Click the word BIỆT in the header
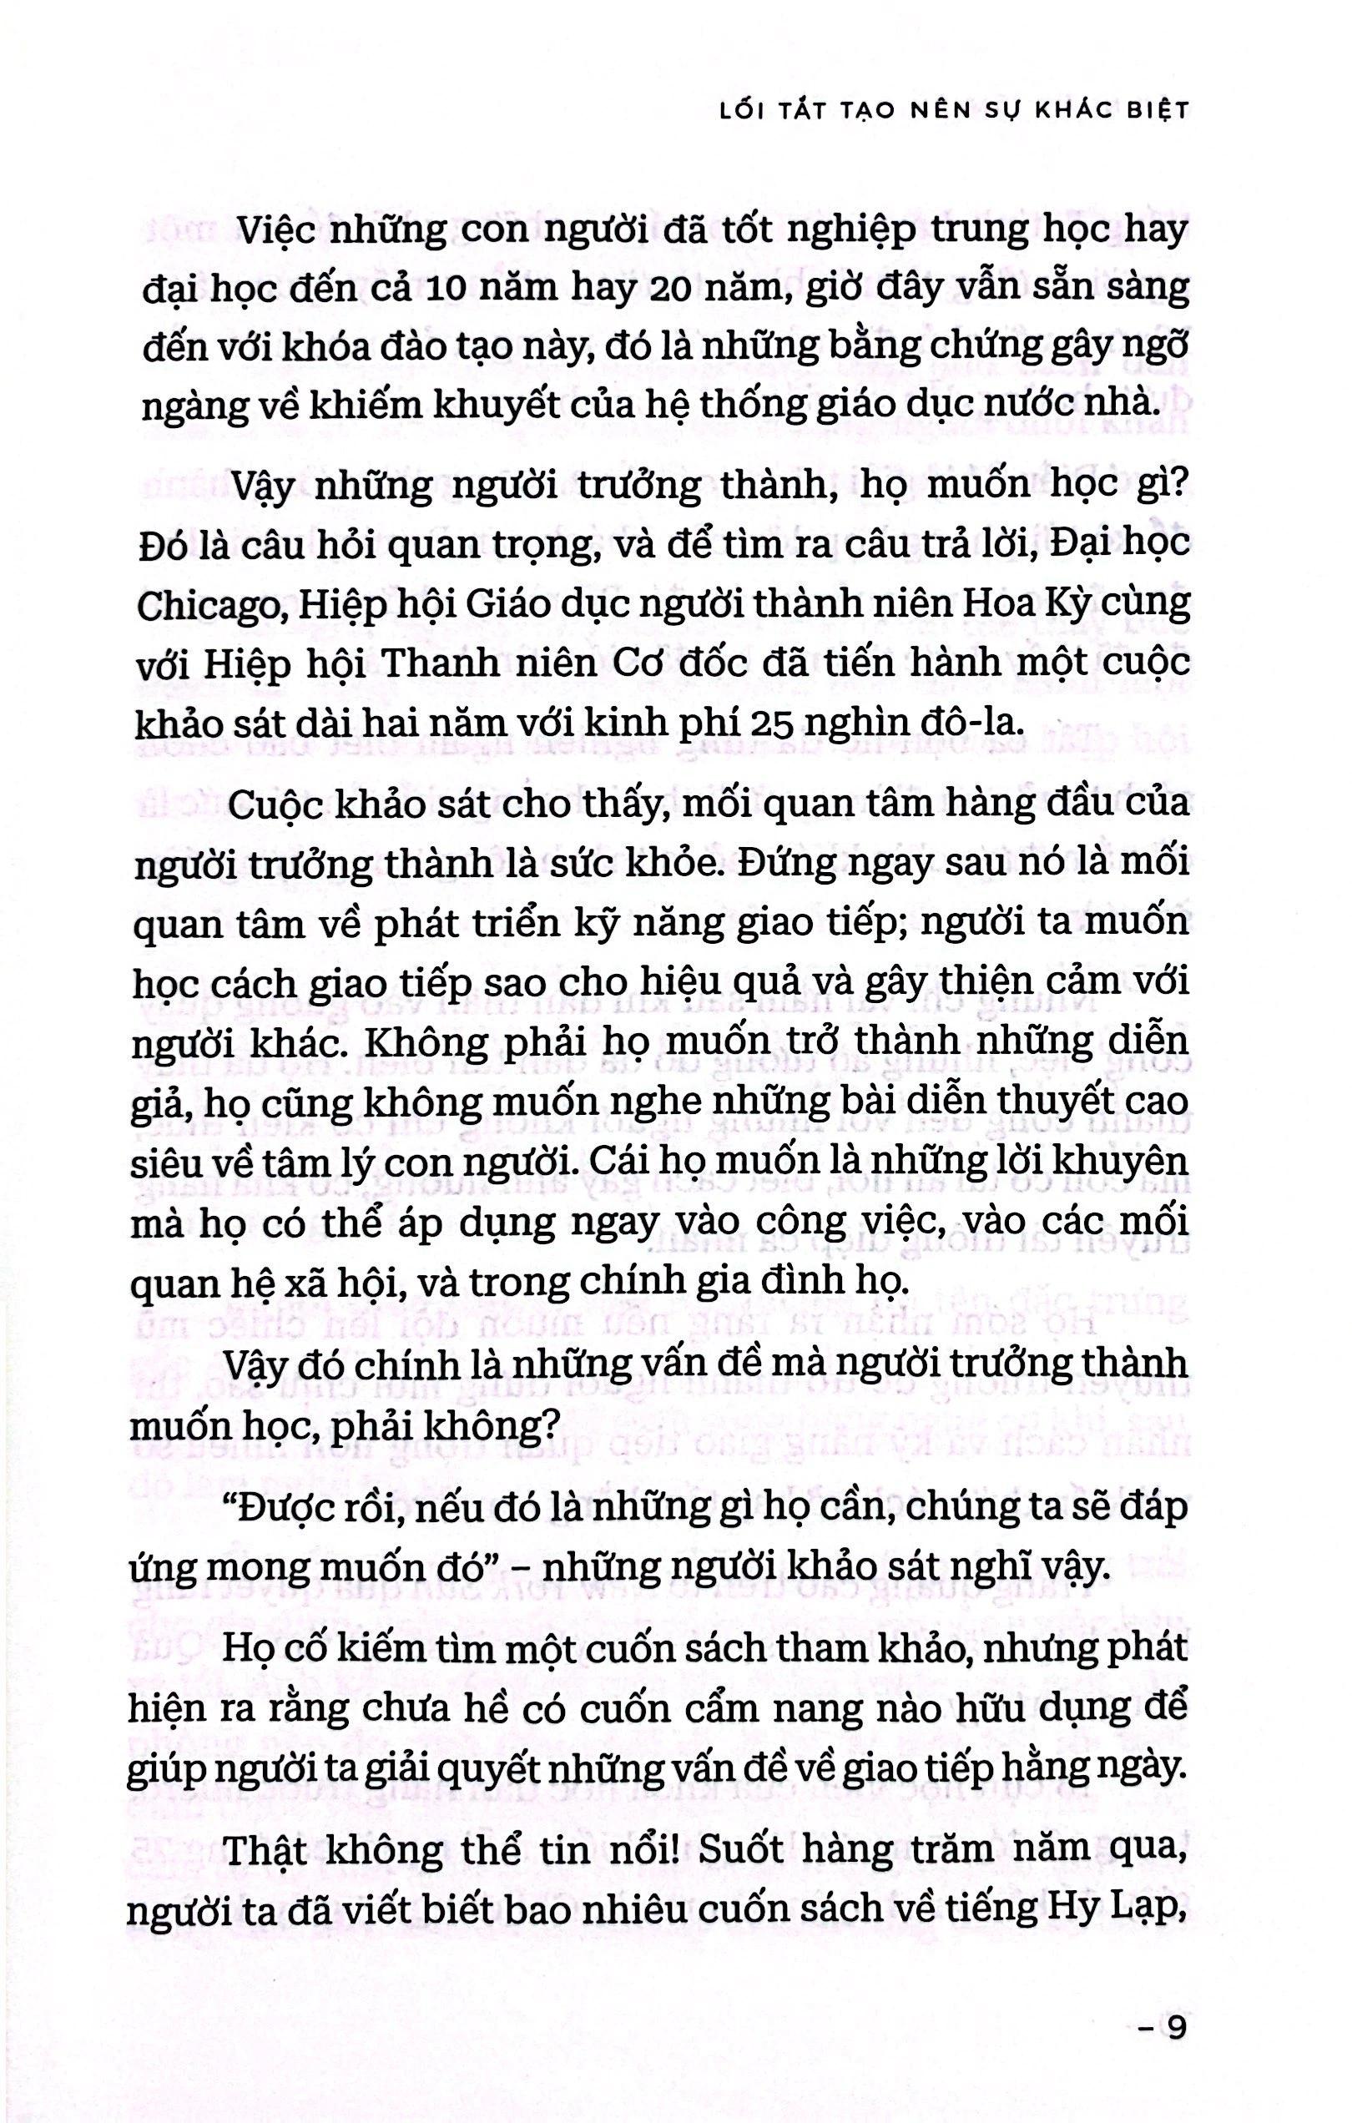click(x=1148, y=109)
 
